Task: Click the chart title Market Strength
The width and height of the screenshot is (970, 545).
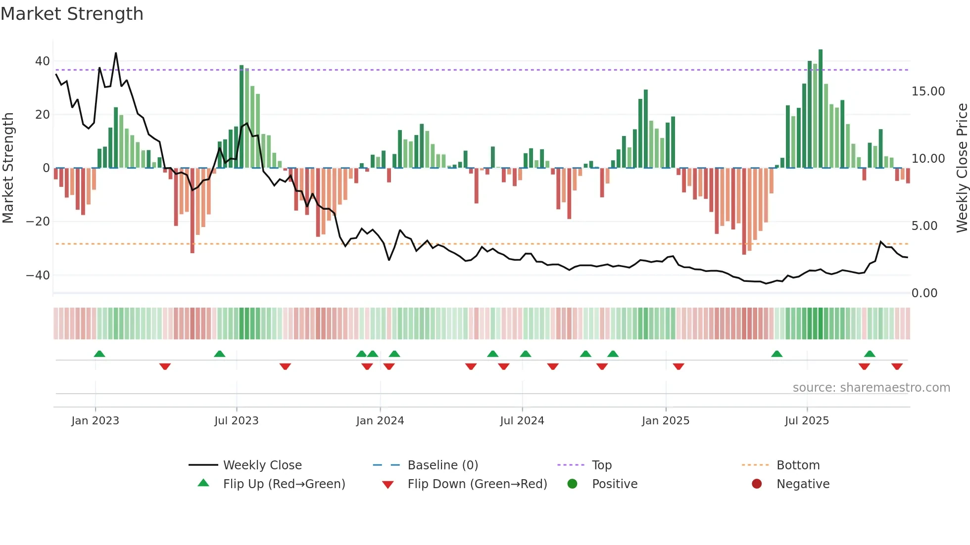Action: [72, 14]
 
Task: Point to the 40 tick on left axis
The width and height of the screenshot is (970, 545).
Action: [42, 61]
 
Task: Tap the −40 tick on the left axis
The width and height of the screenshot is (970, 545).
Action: [38, 275]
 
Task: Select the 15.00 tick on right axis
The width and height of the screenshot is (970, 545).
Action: [928, 91]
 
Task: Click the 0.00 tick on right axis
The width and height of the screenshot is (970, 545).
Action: [924, 293]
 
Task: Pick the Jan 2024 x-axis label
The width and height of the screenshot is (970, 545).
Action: [380, 421]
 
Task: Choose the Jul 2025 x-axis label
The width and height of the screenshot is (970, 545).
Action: [806, 421]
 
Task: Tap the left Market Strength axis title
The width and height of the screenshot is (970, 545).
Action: [8, 168]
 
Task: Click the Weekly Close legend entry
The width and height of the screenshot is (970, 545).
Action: [262, 465]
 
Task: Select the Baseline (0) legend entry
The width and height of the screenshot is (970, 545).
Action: [442, 465]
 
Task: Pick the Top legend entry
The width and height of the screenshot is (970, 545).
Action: [601, 465]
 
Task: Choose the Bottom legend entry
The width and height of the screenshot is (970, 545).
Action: [798, 465]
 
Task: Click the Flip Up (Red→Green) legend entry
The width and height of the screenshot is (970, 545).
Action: [284, 484]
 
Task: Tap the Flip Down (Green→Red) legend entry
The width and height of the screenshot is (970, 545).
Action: [477, 484]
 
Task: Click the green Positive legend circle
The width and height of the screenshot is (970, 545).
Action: [572, 484]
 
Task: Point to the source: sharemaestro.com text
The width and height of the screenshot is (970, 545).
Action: [871, 388]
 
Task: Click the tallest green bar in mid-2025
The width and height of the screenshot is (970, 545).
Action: [821, 109]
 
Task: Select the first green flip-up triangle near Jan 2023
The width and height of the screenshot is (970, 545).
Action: [99, 354]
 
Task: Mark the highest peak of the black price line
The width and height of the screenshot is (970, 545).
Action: [116, 53]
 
